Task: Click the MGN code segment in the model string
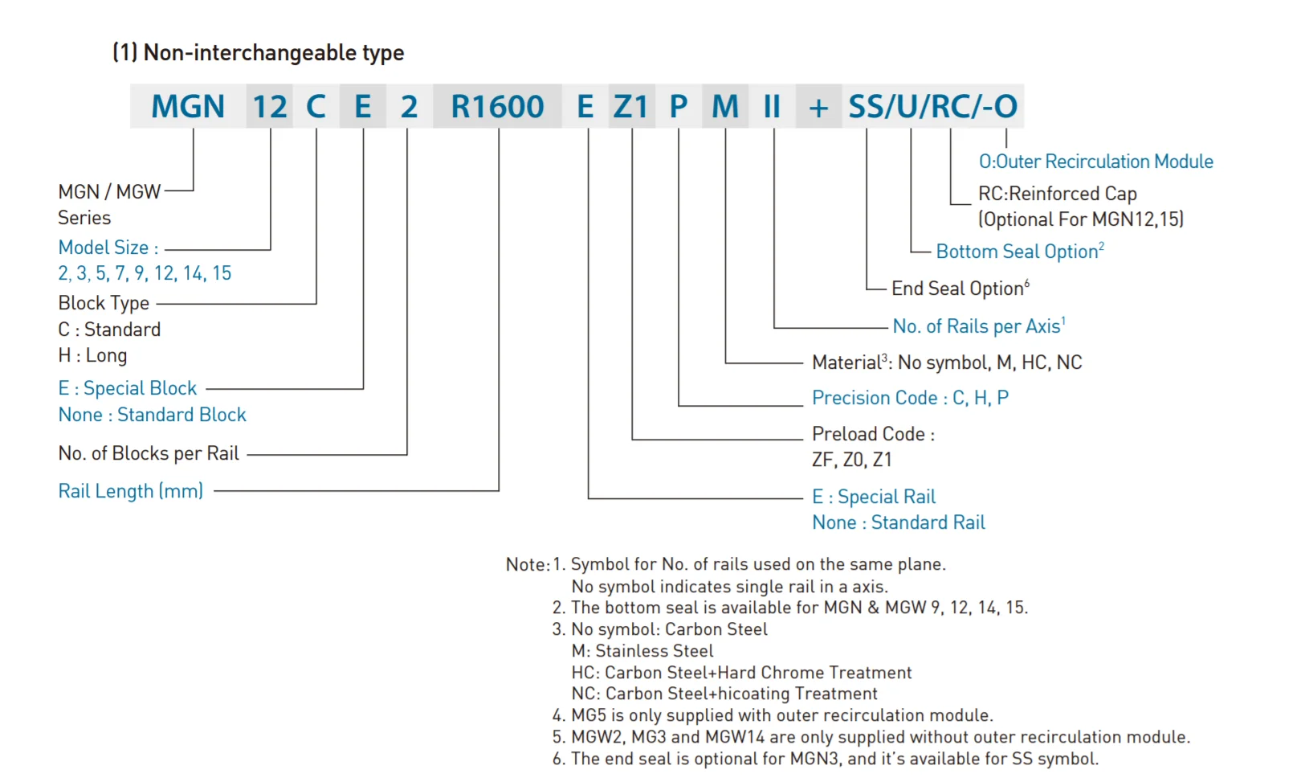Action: (x=188, y=107)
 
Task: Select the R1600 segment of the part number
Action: (x=497, y=107)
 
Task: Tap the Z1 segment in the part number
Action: (x=630, y=107)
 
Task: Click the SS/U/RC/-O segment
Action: (x=932, y=107)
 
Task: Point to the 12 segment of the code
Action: (x=270, y=107)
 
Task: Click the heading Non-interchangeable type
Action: (x=258, y=53)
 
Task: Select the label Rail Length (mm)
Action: (x=131, y=491)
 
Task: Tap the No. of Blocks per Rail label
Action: (x=149, y=453)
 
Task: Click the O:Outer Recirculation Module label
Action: (x=1095, y=162)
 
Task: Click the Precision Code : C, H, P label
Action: (x=910, y=398)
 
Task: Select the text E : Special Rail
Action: (x=874, y=497)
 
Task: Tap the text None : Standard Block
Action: (x=153, y=415)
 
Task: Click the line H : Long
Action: (x=92, y=355)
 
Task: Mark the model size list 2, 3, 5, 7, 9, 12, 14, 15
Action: (x=145, y=273)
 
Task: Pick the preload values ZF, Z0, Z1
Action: (x=851, y=460)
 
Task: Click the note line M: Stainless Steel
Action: (x=642, y=651)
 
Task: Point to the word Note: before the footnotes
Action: (x=528, y=565)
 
